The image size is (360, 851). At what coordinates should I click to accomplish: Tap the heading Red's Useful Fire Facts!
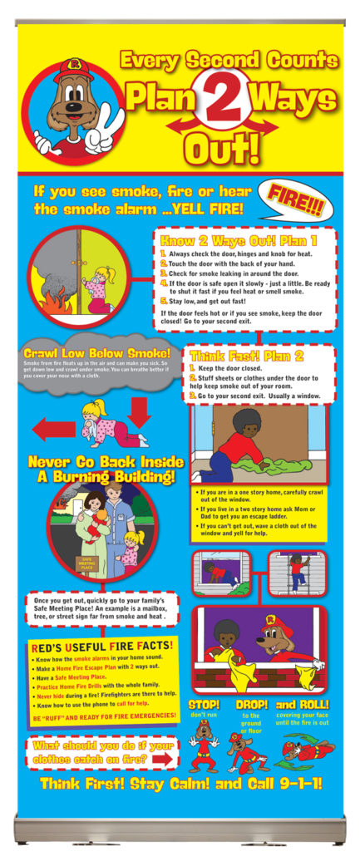(x=102, y=645)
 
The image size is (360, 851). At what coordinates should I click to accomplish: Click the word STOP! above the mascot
(x=204, y=705)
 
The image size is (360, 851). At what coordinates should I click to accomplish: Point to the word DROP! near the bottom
(x=251, y=705)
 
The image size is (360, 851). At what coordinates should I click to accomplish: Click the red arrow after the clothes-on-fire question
(x=163, y=759)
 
